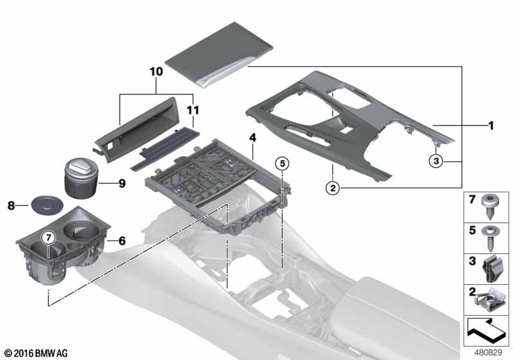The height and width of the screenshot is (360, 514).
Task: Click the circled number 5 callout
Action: pyautogui.click(x=282, y=163)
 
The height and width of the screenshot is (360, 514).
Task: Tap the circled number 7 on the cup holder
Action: pyautogui.click(x=49, y=237)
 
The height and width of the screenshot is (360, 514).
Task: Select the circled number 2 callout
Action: pyautogui.click(x=333, y=188)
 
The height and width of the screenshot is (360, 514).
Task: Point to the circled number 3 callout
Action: pyautogui.click(x=436, y=161)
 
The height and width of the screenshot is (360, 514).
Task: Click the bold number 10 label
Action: pyautogui.click(x=156, y=71)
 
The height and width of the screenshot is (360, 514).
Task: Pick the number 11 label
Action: pyautogui.click(x=193, y=110)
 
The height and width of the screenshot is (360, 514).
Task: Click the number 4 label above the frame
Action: pyautogui.click(x=253, y=138)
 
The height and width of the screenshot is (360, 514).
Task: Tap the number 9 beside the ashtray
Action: pyautogui.click(x=122, y=183)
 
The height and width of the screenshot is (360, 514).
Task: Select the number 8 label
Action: pyautogui.click(x=11, y=206)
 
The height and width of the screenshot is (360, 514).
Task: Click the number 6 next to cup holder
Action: pyautogui.click(x=122, y=241)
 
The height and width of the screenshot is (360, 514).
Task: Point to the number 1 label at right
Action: pyautogui.click(x=491, y=125)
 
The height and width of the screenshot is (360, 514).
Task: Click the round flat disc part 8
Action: pyautogui.click(x=47, y=206)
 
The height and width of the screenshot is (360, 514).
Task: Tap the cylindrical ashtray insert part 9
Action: pyautogui.click(x=80, y=178)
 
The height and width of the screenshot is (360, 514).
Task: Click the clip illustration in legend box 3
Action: pyautogui.click(x=491, y=269)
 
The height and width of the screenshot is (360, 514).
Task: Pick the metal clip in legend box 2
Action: pyautogui.click(x=488, y=300)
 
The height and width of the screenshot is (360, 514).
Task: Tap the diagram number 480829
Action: pyautogui.click(x=488, y=352)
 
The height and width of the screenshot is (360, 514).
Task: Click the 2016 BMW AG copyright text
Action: pyautogui.click(x=37, y=353)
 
